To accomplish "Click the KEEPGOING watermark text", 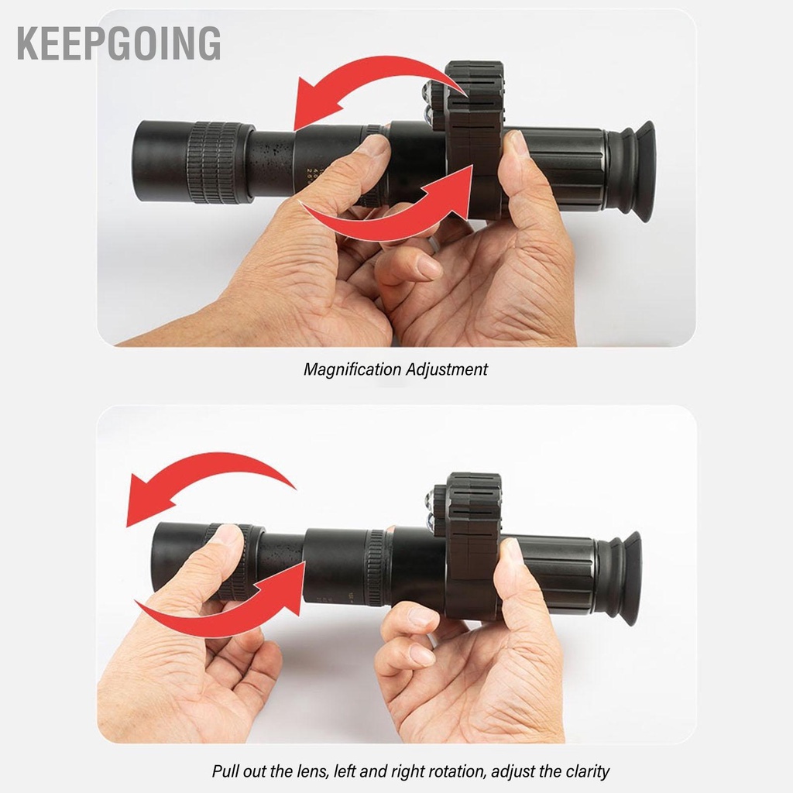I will [118, 43].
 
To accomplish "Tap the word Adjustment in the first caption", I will [447, 369].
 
